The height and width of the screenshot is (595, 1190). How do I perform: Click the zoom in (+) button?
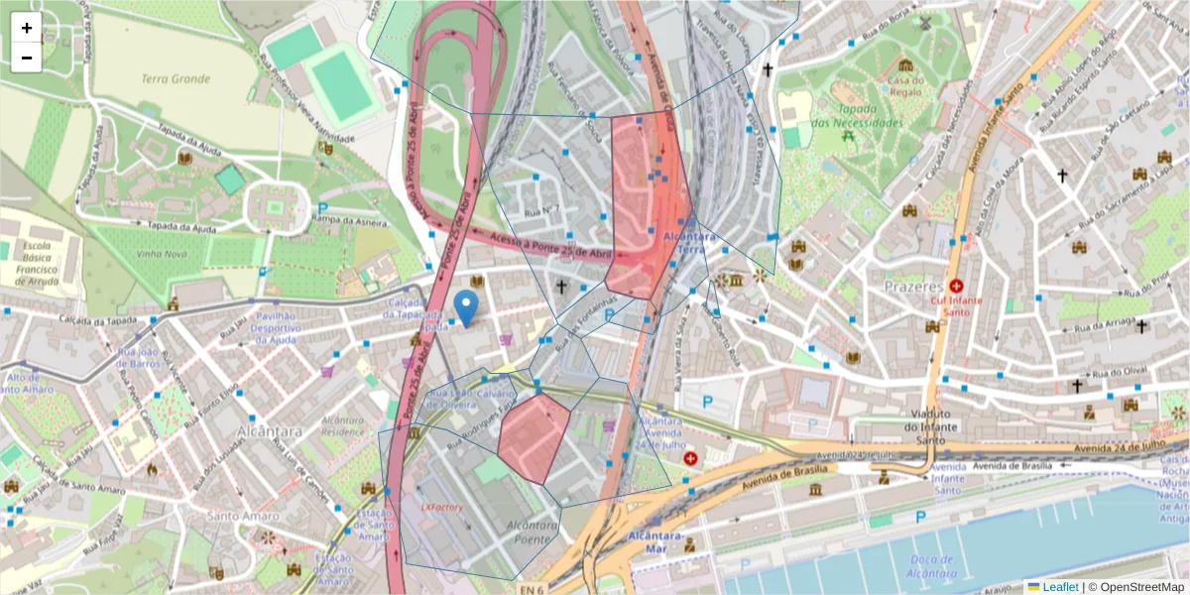27,28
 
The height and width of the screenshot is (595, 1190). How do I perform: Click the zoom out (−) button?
27,58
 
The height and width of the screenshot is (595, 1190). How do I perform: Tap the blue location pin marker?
465,307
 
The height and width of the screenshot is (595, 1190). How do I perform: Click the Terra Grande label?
176,78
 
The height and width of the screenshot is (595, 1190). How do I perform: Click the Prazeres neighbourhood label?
913,286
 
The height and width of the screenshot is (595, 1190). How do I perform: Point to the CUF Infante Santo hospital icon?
956,285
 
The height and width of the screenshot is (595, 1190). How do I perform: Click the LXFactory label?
442,508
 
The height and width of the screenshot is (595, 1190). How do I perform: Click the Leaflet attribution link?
1059,587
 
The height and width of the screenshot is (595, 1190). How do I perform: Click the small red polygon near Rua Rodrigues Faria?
534,436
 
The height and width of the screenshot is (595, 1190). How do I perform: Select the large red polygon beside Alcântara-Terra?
647,198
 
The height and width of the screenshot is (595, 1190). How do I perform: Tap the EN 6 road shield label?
532,590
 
